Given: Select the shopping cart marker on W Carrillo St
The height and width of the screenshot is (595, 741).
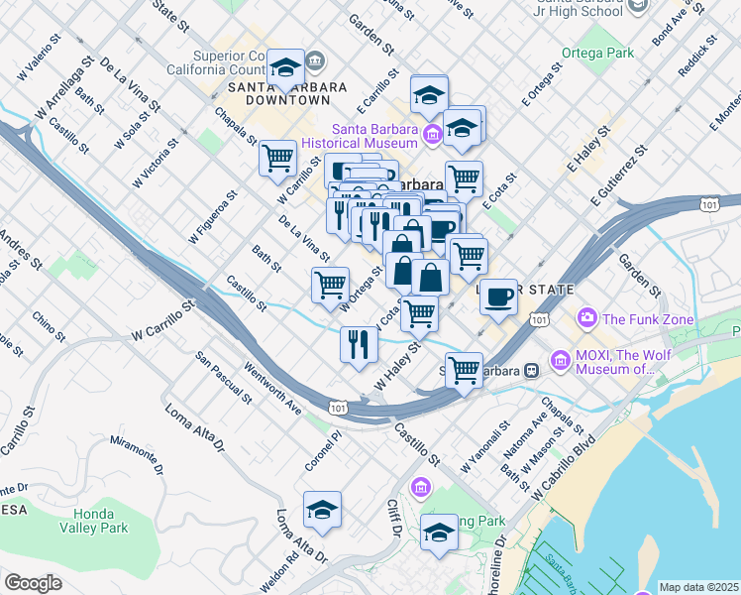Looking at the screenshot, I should click(x=278, y=158).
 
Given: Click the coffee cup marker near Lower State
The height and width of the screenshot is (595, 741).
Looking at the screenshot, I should click(x=498, y=296).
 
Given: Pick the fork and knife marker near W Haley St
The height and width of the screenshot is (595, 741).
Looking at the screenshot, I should click(x=358, y=344).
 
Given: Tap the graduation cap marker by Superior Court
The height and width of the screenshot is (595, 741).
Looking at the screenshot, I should click(x=286, y=68).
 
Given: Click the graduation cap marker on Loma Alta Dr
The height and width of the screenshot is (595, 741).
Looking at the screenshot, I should click(x=322, y=510).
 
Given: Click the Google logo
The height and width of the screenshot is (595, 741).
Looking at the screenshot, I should click(x=33, y=583).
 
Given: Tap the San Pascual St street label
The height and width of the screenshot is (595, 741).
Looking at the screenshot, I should click(x=223, y=378).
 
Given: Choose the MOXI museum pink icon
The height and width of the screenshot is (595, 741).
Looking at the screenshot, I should click(x=560, y=358).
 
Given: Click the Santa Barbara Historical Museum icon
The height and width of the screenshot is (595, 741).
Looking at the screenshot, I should click(x=432, y=134).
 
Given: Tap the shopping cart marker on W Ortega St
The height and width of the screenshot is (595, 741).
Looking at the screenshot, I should click(x=330, y=285).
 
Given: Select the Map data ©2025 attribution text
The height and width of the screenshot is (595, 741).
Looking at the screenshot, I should click(x=698, y=587).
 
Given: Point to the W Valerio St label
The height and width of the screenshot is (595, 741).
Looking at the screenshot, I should click(x=40, y=62).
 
